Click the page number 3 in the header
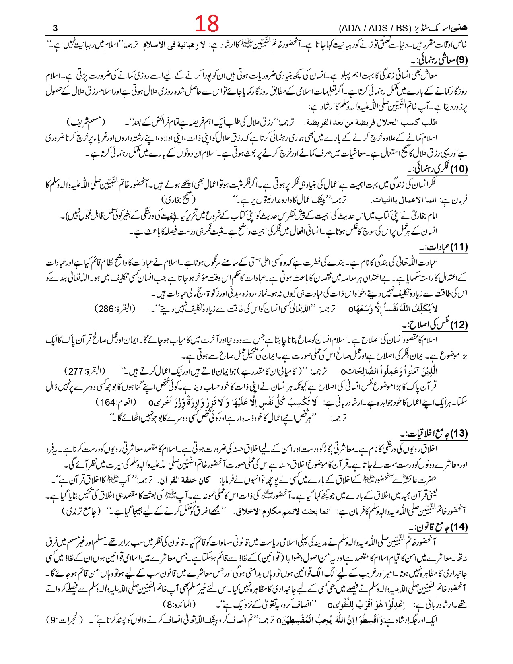[x=56, y=28]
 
